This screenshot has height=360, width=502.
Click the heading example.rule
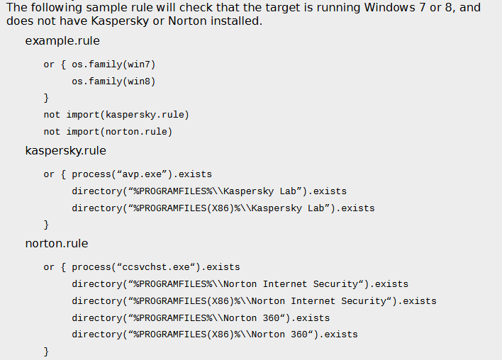(x=62, y=41)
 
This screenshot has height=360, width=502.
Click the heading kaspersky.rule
(x=66, y=151)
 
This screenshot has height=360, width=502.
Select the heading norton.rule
(x=57, y=244)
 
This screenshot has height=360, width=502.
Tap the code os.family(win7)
(x=113, y=64)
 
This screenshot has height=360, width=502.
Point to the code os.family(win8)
(x=113, y=81)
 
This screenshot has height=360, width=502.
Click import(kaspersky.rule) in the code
(x=128, y=115)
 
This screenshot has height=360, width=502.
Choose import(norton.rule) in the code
(x=119, y=132)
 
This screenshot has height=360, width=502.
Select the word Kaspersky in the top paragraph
(x=120, y=21)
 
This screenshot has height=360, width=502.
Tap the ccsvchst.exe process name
(x=156, y=267)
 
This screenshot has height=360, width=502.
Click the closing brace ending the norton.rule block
(x=46, y=351)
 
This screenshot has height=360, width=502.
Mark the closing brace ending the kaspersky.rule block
(x=46, y=225)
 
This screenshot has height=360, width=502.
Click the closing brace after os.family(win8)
(x=46, y=98)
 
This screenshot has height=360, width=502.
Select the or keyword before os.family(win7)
(x=49, y=65)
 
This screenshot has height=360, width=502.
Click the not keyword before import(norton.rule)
(x=52, y=132)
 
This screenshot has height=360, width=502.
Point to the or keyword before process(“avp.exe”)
(x=49, y=175)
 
